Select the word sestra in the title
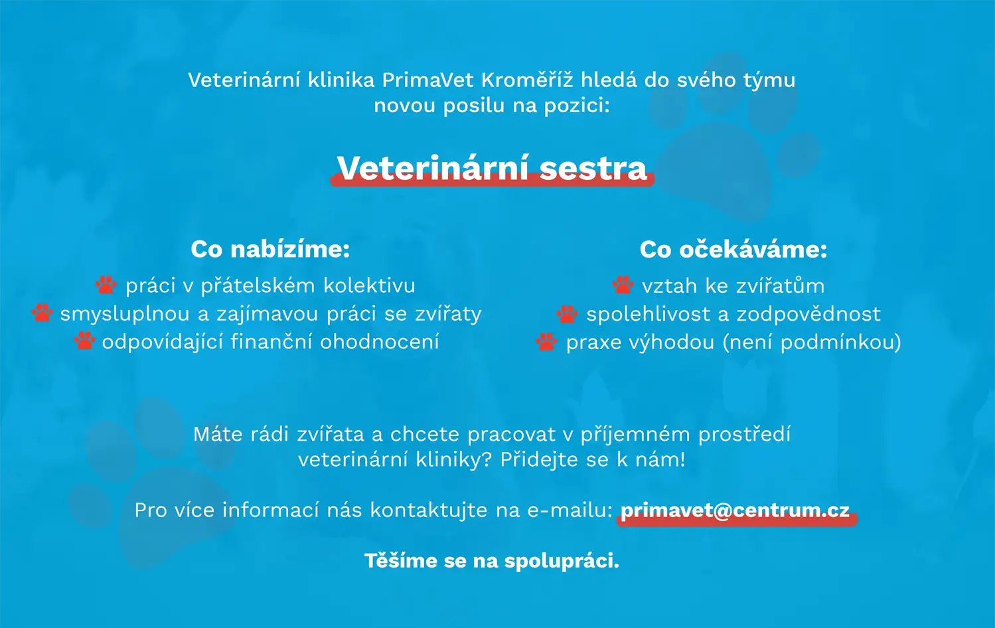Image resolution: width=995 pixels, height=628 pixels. click(x=593, y=169)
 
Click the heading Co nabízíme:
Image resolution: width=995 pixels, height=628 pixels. click(x=270, y=249)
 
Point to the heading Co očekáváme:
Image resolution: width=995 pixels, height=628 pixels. click(x=733, y=249)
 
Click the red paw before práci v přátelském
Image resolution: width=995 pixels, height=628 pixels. click(x=106, y=285)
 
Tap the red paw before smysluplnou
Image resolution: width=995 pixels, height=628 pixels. click(x=42, y=313)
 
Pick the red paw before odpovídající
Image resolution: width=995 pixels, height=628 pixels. click(x=84, y=341)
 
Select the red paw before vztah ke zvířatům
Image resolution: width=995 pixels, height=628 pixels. click(x=623, y=285)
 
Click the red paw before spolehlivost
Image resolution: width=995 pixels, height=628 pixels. click(x=567, y=314)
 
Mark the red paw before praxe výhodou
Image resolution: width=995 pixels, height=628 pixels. click(x=546, y=342)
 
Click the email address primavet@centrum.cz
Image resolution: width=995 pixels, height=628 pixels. click(x=735, y=510)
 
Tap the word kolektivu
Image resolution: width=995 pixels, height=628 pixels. click(x=369, y=285)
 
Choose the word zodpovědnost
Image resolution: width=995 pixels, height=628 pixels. click(x=808, y=314)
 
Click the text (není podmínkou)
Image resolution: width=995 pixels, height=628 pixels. click(x=812, y=343)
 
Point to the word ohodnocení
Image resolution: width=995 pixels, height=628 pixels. click(x=379, y=341)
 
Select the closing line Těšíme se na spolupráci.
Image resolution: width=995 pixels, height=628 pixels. click(x=492, y=561)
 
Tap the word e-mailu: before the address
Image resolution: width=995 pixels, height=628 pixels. click(x=570, y=510)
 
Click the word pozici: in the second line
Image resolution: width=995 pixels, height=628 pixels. click(x=577, y=106)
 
